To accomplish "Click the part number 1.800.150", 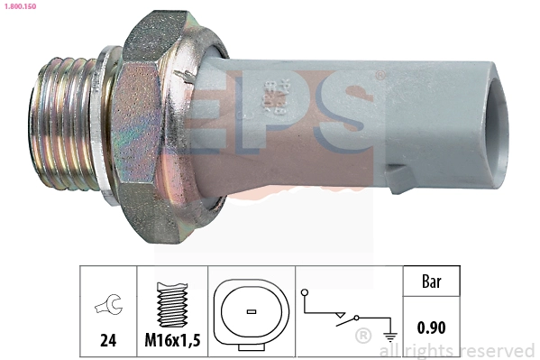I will tap(17, 5).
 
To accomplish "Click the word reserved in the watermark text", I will tap(497, 349).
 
